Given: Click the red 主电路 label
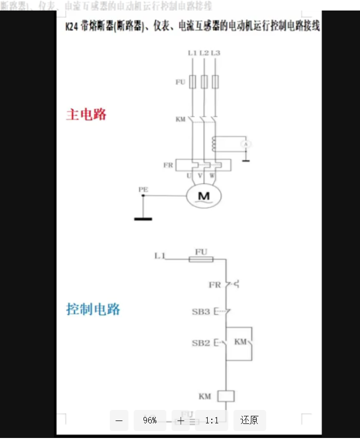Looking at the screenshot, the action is click(86, 114).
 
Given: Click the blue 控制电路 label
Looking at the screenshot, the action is click(93, 309).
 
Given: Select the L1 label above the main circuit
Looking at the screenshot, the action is click(192, 53).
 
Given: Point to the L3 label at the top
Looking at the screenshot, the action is click(216, 53).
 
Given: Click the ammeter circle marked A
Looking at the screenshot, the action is click(247, 143).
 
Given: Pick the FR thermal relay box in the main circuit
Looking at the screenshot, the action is click(204, 166).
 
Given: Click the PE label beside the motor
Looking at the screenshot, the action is click(143, 189).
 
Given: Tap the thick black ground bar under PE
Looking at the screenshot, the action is click(143, 219).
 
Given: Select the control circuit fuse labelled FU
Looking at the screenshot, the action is click(201, 259).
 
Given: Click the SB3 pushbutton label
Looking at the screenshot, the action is click(201, 312).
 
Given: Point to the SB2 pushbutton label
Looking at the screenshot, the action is click(201, 342).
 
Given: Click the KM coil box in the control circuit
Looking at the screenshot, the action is click(225, 397).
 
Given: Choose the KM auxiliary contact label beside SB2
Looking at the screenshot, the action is click(240, 342).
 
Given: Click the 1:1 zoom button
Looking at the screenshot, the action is click(212, 420).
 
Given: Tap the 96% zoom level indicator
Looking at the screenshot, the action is click(149, 420).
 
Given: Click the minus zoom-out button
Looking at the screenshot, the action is click(119, 420).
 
